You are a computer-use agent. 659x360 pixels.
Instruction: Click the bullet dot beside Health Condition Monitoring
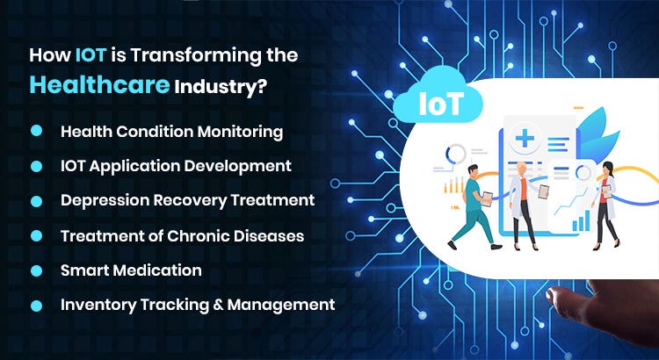pos(37,131)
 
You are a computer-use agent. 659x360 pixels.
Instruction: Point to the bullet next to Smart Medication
pos(37,270)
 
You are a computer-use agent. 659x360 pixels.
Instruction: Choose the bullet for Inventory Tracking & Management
pos(37,306)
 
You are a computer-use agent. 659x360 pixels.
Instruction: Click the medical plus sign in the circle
pos(526,139)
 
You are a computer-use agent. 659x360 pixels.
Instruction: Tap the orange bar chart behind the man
pos(456,186)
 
